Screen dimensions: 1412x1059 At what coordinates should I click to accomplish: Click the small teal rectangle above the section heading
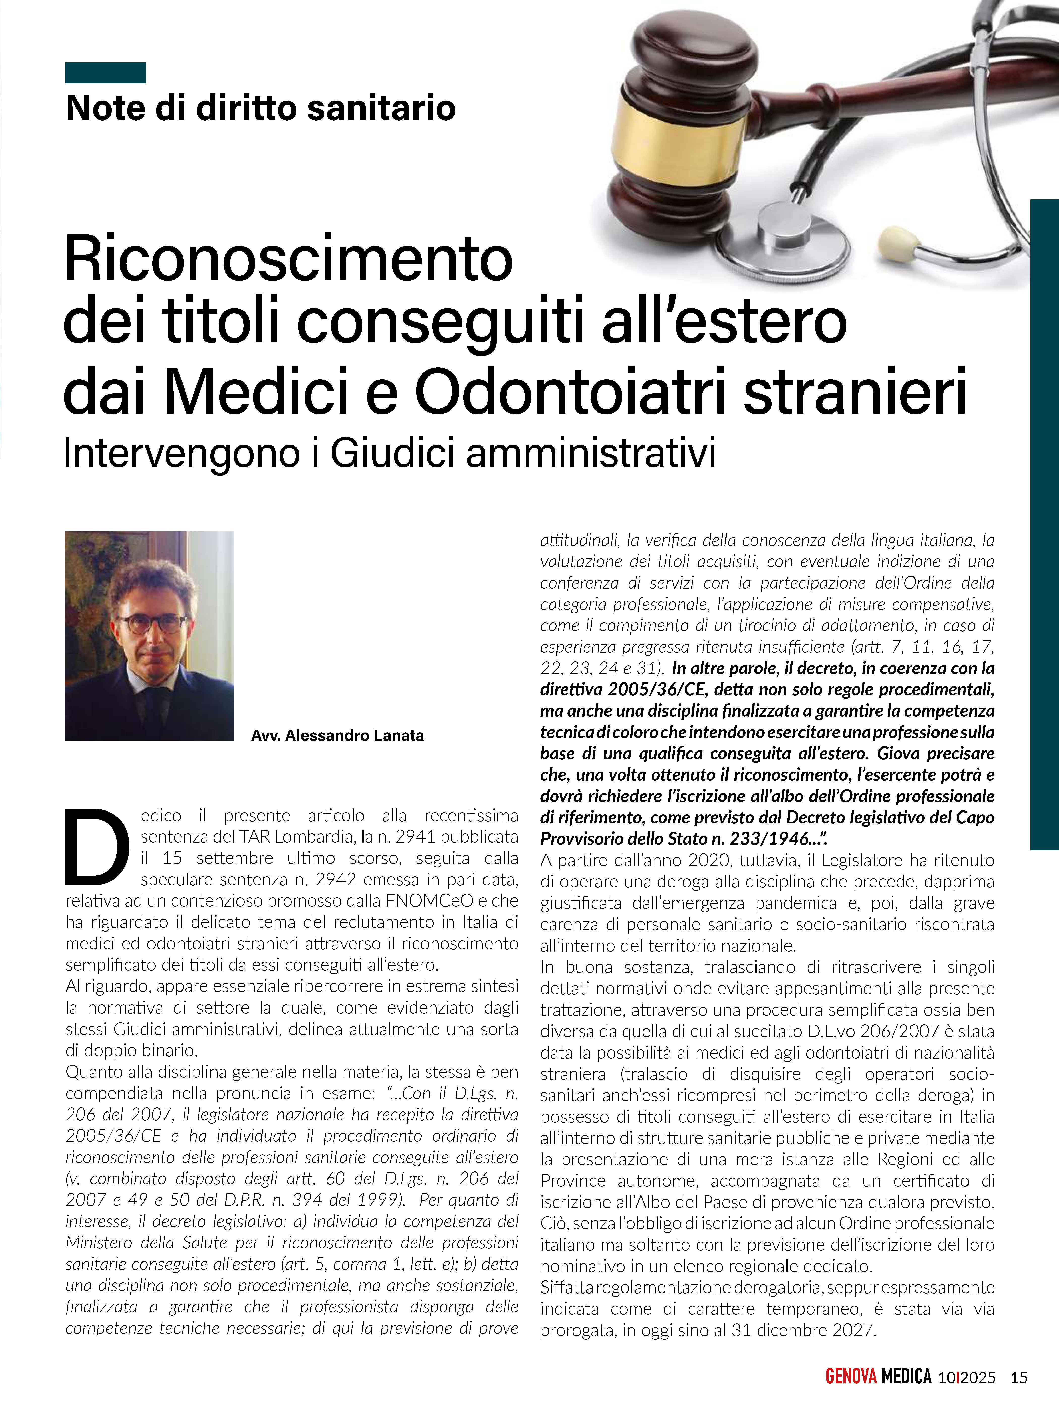[x=105, y=73]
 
